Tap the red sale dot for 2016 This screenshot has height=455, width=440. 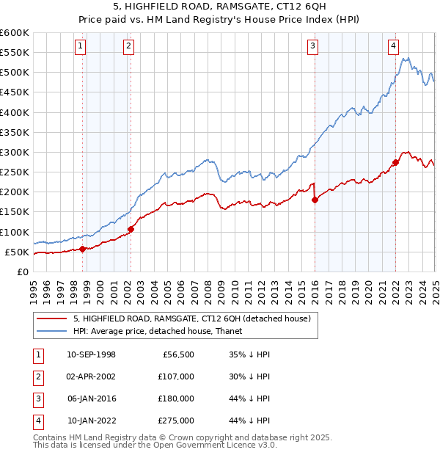(315, 200)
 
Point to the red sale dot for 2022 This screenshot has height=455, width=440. (395, 162)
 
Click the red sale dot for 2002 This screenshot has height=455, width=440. (131, 229)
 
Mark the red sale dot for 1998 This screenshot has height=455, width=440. (83, 249)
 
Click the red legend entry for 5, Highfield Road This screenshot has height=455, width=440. (192, 318)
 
